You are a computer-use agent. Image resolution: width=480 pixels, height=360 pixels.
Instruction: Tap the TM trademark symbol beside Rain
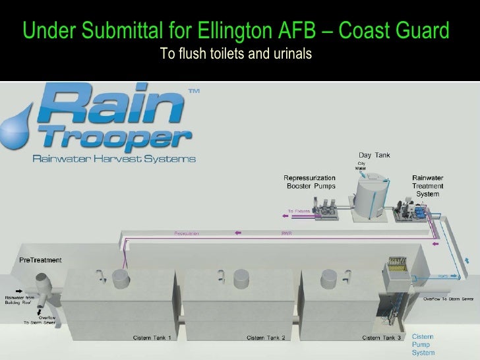[195, 93]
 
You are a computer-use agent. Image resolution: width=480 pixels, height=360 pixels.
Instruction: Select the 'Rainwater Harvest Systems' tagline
[114, 158]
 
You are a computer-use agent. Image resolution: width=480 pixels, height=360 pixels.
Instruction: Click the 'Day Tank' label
[373, 156]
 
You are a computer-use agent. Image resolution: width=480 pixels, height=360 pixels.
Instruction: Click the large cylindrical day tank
[372, 195]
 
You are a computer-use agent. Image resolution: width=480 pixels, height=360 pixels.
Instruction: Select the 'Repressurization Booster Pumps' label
[309, 182]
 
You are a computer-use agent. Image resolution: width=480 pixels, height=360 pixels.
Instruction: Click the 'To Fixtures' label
[297, 211]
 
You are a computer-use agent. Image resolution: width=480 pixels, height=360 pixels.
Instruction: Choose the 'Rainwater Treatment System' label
[428, 185]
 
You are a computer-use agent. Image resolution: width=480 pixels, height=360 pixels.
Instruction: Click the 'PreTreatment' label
[41, 260]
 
